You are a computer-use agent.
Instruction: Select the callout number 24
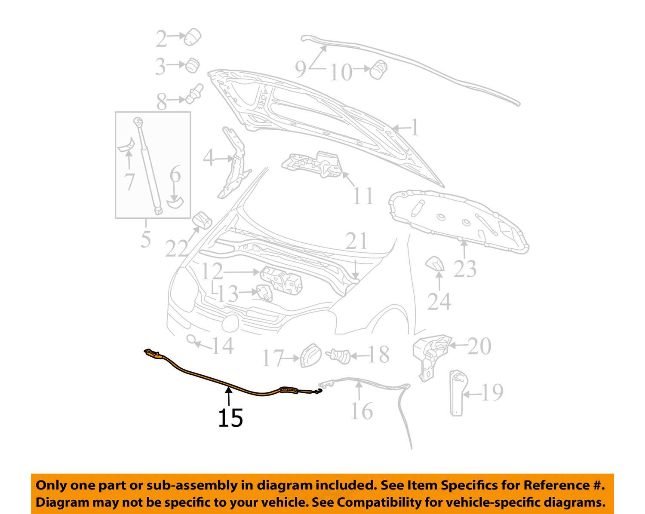click(x=439, y=301)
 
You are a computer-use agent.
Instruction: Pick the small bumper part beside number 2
click(x=192, y=37)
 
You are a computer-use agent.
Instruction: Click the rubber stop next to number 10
click(x=378, y=69)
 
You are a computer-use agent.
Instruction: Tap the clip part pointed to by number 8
click(x=194, y=93)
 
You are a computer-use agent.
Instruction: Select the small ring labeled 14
click(x=190, y=340)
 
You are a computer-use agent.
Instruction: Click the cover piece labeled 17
click(x=311, y=355)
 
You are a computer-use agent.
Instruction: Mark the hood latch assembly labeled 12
click(x=281, y=280)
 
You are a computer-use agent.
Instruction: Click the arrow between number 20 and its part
click(x=458, y=346)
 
